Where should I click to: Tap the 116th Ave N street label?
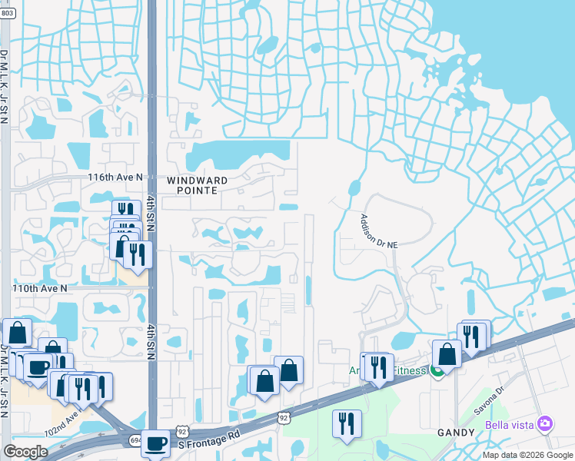click(116, 177)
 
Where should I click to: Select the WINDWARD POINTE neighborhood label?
click(198, 185)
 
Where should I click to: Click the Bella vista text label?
click(510, 425)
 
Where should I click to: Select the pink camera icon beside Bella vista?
click(545, 424)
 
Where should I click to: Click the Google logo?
click(25, 452)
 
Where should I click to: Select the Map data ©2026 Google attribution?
click(527, 455)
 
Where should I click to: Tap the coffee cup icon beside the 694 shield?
click(155, 443)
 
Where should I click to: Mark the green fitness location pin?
click(437, 372)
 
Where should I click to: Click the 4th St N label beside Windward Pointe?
click(151, 213)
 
